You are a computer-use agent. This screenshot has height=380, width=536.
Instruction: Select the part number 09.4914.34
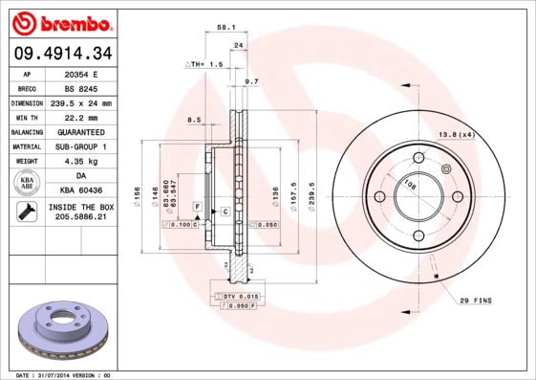click(x=60, y=53)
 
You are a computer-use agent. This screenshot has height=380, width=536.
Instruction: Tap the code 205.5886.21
click(x=80, y=218)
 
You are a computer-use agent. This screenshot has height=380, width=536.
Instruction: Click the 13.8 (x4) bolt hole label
click(x=456, y=134)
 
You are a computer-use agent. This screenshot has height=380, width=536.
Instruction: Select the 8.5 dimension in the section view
click(x=194, y=120)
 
